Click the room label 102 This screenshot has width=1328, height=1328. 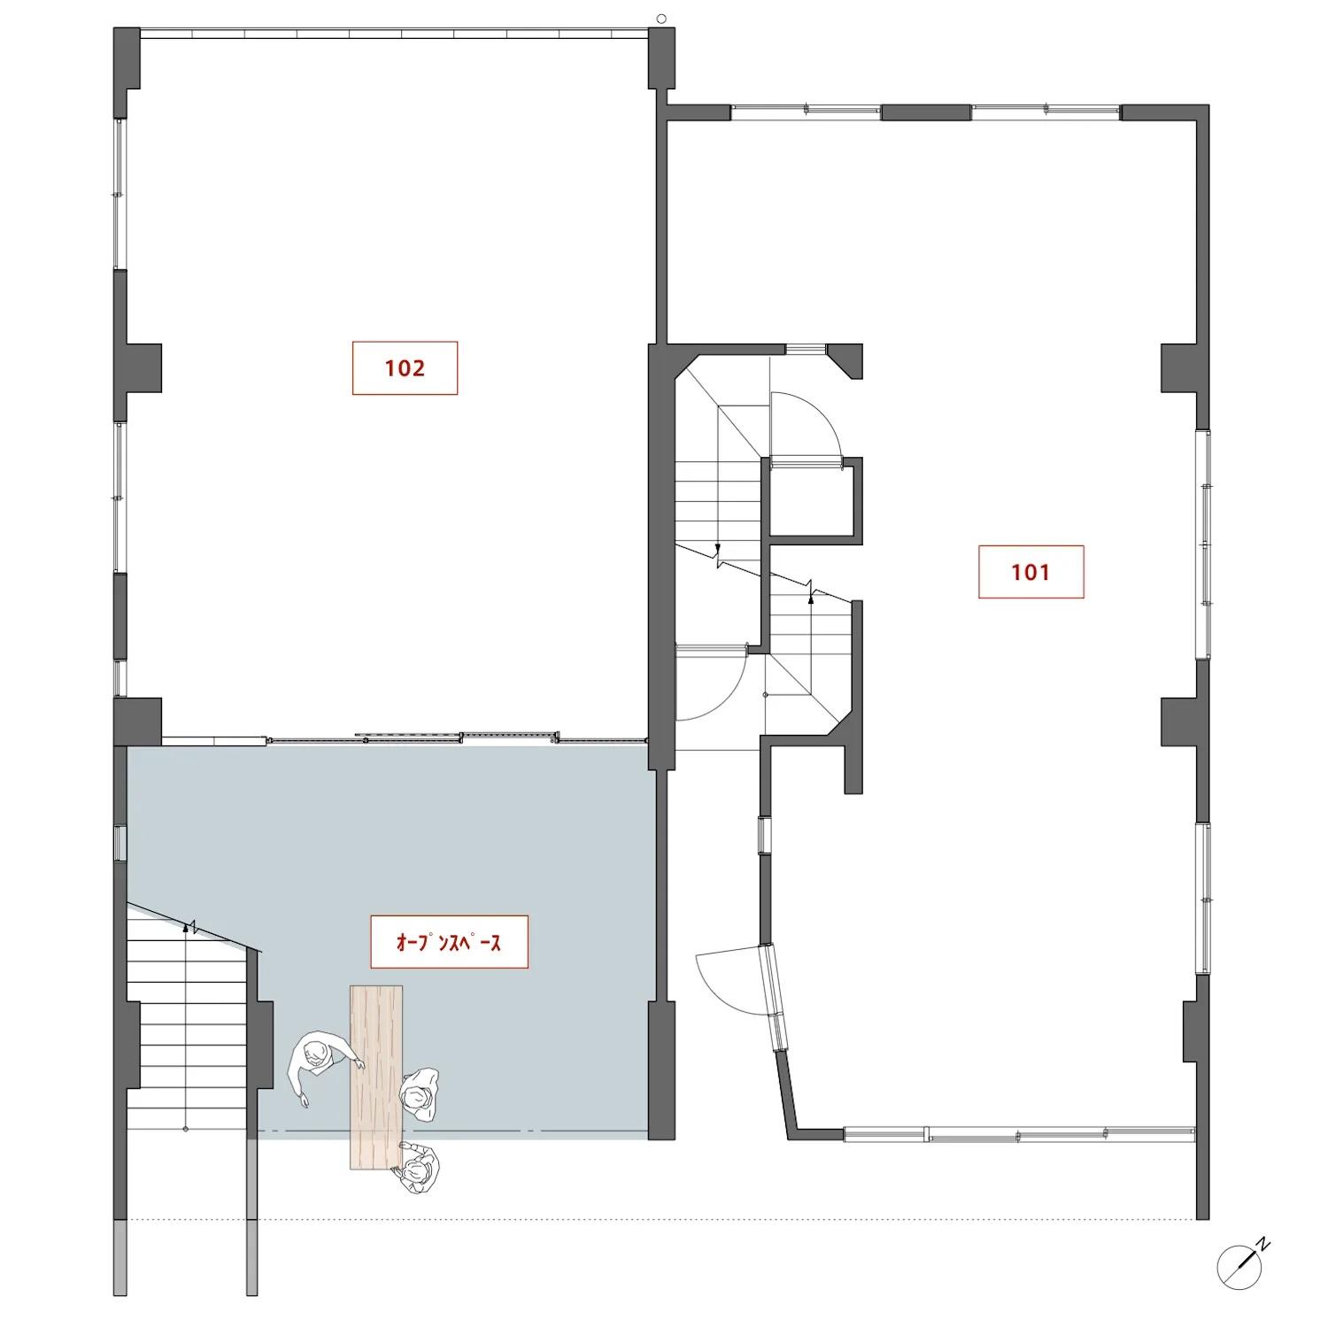point(405,367)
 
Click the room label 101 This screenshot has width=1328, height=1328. point(1031,572)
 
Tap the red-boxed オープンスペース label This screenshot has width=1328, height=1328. point(449,942)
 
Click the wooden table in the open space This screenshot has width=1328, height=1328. point(376,1077)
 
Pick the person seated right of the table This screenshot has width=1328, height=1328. point(419,1095)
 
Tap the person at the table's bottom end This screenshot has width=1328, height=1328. point(420,1169)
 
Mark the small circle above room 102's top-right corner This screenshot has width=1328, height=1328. point(661,17)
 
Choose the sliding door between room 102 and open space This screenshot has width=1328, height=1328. point(457,737)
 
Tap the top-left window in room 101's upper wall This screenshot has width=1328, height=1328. point(806,112)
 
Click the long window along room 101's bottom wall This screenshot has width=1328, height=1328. point(1018,1133)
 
